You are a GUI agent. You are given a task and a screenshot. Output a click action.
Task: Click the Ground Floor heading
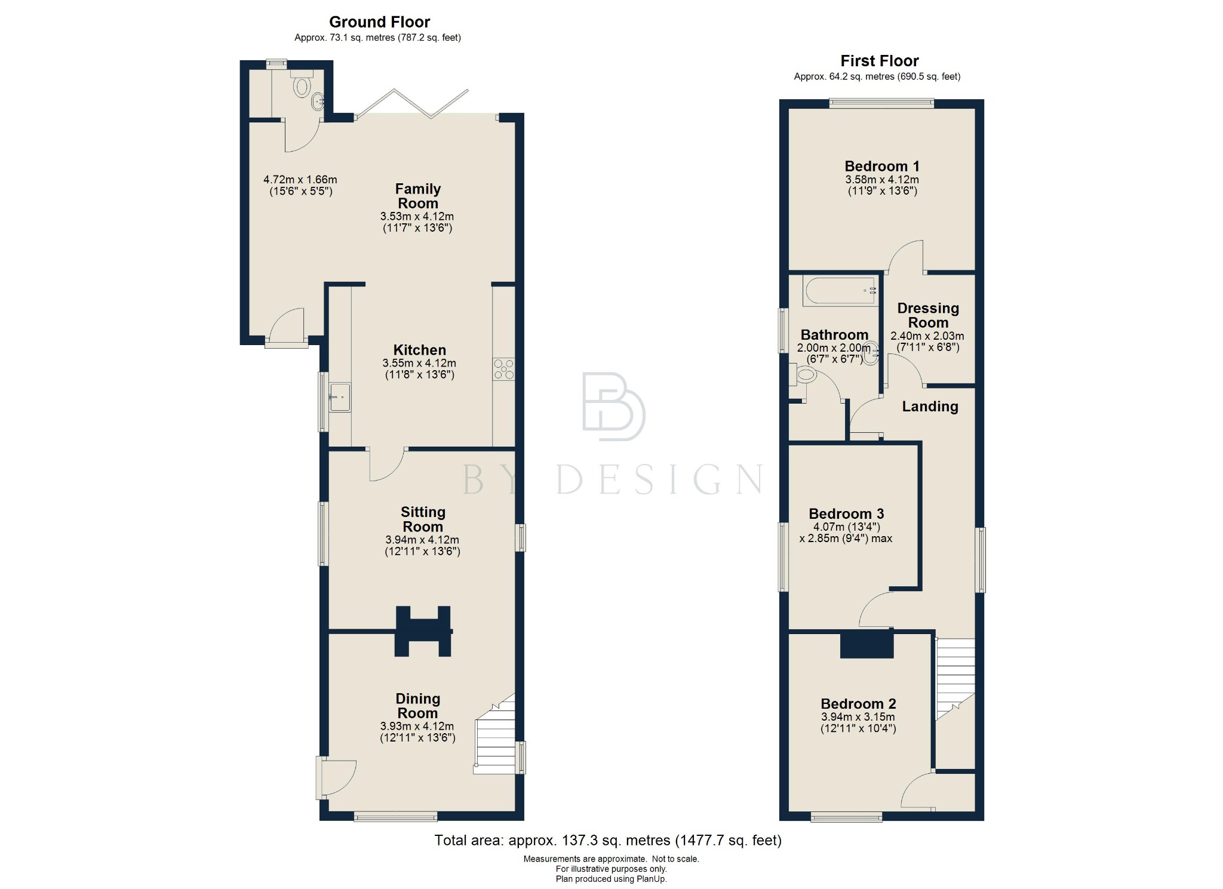click(379, 22)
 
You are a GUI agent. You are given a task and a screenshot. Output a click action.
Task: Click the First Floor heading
click(879, 61)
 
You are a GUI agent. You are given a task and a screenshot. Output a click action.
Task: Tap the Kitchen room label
click(419, 350)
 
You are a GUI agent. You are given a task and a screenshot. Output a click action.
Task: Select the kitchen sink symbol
click(340, 397)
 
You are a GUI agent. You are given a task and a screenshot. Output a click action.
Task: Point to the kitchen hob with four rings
click(503, 369)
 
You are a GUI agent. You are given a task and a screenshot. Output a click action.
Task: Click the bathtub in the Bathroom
click(840, 291)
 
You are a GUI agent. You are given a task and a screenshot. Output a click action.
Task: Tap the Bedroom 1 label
click(881, 167)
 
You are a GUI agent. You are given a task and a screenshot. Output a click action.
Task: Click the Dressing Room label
click(927, 315)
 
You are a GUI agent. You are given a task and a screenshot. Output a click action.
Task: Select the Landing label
click(930, 407)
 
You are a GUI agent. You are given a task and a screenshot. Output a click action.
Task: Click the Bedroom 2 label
click(858, 704)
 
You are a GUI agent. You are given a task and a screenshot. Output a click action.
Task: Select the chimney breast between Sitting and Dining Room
click(423, 631)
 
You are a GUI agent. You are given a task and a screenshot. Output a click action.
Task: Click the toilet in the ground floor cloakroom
click(302, 87)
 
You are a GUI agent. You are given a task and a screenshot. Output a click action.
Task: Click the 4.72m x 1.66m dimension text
click(300, 180)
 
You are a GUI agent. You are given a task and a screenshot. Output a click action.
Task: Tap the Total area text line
click(607, 840)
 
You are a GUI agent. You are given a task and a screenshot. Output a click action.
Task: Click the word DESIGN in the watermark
click(660, 479)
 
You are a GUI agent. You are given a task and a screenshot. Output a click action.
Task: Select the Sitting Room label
click(423, 519)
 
